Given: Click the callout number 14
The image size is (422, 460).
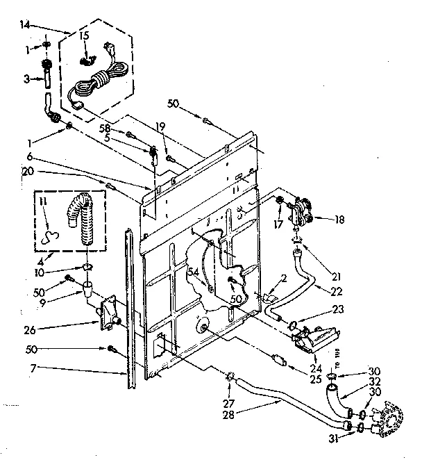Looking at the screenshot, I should coord(25,24).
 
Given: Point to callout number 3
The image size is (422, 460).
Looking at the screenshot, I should coord(25,79).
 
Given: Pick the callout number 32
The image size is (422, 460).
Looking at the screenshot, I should coord(356,381).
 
